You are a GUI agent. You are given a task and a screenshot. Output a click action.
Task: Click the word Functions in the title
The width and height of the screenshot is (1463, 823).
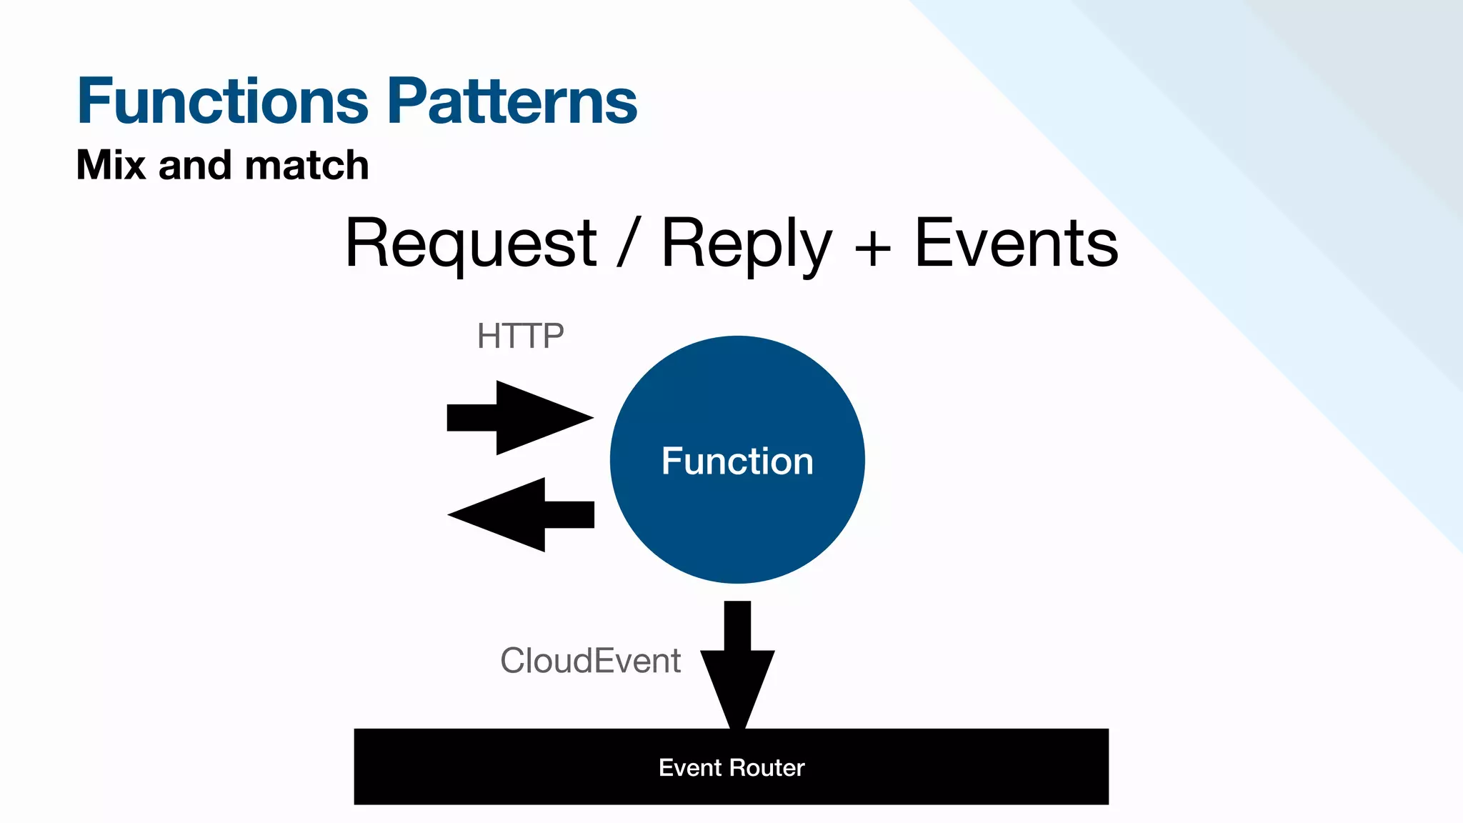point(222,101)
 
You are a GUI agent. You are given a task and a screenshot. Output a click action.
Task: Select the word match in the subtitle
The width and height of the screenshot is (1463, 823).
point(306,165)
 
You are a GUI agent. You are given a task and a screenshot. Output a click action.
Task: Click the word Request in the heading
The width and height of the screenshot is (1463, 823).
point(470,244)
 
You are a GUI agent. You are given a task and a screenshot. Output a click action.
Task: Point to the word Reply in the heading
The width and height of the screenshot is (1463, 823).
point(747,244)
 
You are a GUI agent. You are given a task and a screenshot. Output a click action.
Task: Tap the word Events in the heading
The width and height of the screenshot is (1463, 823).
point(1016,244)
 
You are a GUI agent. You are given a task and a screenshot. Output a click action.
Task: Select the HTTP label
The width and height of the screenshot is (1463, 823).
point(520,336)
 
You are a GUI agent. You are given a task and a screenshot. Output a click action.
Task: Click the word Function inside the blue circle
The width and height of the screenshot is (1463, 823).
point(737,461)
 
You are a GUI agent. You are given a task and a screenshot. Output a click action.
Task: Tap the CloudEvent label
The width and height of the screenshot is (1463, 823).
point(590,661)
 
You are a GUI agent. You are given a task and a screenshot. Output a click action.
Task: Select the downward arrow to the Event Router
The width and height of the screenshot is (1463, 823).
point(737,664)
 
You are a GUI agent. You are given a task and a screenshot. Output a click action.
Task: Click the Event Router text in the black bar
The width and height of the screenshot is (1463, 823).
point(731,767)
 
